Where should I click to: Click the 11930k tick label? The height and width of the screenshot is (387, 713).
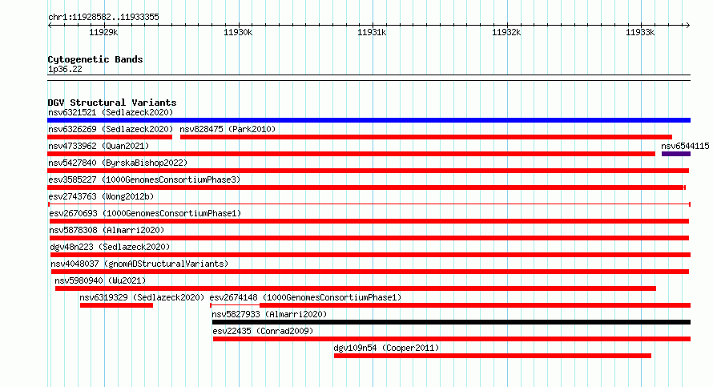coord(238,32)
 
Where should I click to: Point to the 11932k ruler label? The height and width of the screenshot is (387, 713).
coord(506,32)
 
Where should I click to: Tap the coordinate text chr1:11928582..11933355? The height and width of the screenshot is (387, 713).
coord(103,18)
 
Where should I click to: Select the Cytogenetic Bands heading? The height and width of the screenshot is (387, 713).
coord(95,59)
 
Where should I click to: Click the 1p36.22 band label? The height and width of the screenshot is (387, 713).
coord(65,69)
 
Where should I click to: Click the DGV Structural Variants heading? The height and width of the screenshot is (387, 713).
coord(112,103)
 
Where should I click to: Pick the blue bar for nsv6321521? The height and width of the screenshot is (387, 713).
coord(369,120)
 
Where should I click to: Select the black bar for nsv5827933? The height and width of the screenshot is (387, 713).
coord(451,322)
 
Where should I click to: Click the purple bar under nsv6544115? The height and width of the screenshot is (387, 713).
coord(675,154)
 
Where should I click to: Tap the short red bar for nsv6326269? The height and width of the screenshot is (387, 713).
coord(110,137)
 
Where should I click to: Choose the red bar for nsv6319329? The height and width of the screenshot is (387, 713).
coord(116,305)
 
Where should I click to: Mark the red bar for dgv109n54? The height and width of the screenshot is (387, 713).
coord(493,356)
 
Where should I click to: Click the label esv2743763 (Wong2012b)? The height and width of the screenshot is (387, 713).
coord(101,196)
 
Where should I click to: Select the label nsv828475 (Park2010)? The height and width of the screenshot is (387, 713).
coord(228,129)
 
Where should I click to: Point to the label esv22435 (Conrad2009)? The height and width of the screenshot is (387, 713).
coord(263,331)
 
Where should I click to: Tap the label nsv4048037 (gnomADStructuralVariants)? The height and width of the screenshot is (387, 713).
coord(139,264)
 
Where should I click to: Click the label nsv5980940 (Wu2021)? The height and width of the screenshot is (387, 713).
coord(100,280)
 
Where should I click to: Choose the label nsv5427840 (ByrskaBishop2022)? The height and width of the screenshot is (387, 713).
coord(118,163)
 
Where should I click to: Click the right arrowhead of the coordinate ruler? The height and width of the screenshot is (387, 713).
coord(688,25)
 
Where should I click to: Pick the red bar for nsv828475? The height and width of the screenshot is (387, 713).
coord(426,137)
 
